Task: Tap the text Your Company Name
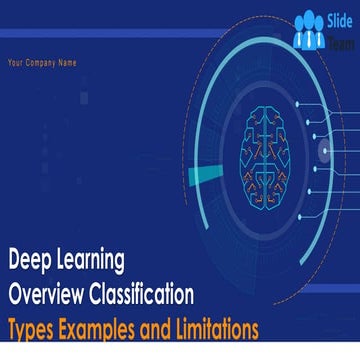click(42, 63)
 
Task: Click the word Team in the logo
click(338, 39)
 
